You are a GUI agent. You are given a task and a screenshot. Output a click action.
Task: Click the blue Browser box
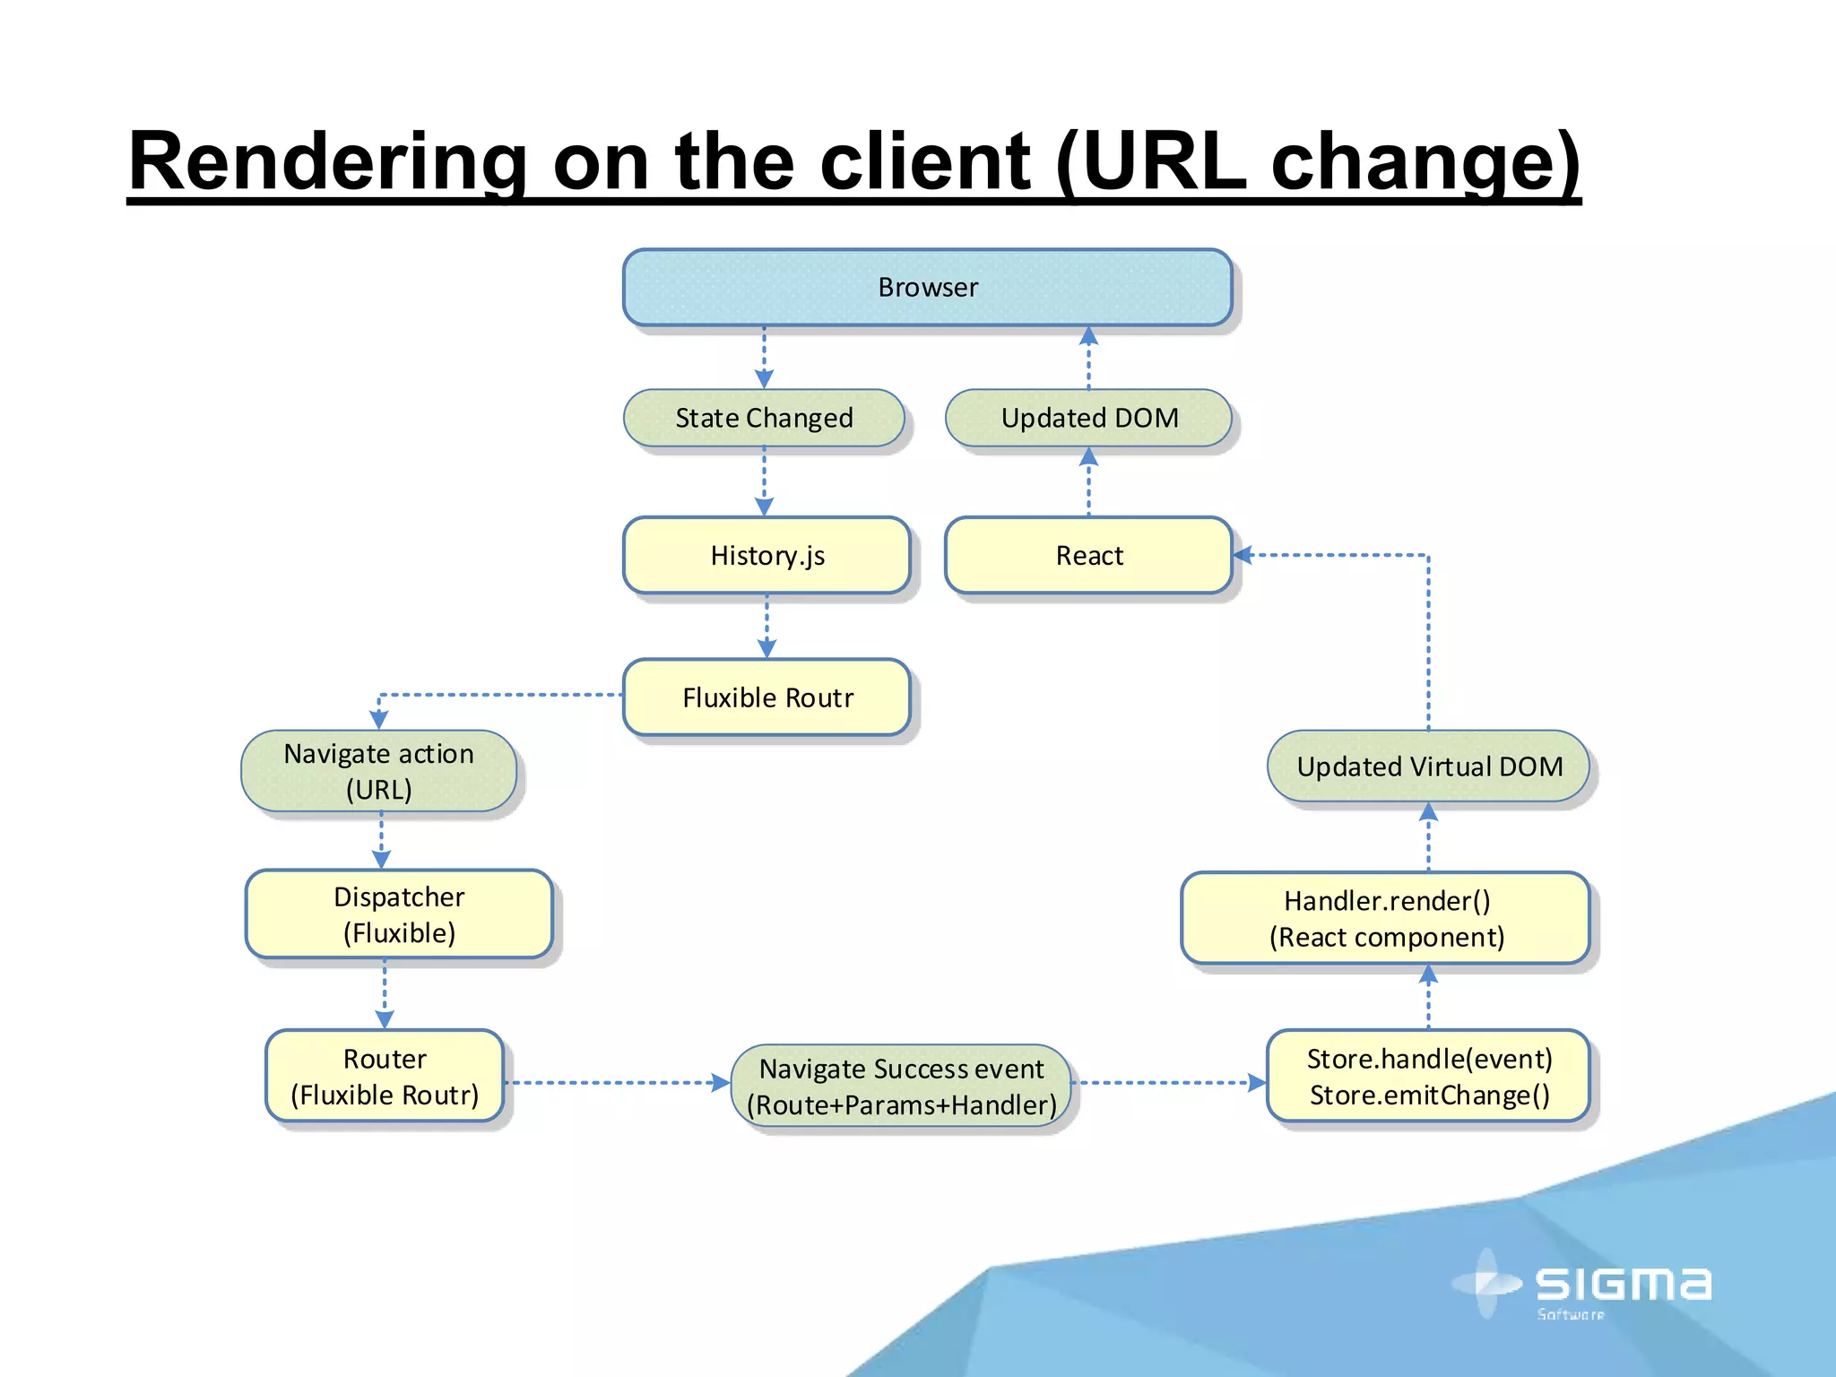(x=927, y=287)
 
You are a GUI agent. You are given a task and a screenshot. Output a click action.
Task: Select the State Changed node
(x=764, y=418)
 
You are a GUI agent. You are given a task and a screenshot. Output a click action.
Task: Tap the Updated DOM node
(x=1088, y=418)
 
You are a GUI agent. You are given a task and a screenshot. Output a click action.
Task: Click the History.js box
(x=766, y=555)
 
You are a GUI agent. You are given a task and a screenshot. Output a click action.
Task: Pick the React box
(x=1088, y=555)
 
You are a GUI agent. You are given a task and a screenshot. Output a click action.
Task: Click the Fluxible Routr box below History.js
(x=766, y=697)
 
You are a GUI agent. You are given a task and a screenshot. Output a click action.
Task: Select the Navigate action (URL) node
(x=378, y=771)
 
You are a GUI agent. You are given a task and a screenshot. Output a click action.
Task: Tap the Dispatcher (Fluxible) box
(x=399, y=914)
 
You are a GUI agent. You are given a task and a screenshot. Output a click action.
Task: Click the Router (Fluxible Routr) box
(x=385, y=1076)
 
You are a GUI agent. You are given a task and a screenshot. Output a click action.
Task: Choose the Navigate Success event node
(x=901, y=1087)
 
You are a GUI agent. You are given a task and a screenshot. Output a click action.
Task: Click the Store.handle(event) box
(x=1428, y=1076)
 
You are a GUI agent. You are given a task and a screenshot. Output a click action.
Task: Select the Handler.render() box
(x=1385, y=918)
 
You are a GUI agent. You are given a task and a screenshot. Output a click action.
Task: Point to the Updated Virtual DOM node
(x=1428, y=766)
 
